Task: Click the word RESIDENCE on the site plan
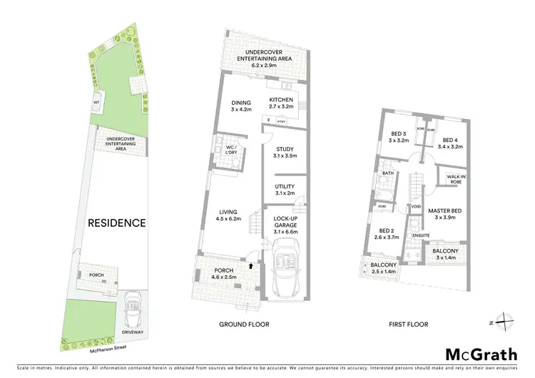pyautogui.click(x=117, y=223)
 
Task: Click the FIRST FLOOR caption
pyautogui.click(x=409, y=325)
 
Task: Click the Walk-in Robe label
pyautogui.click(x=457, y=179)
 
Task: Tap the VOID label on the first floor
pyautogui.click(x=416, y=208)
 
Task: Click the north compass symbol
pyautogui.click(x=505, y=323)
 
